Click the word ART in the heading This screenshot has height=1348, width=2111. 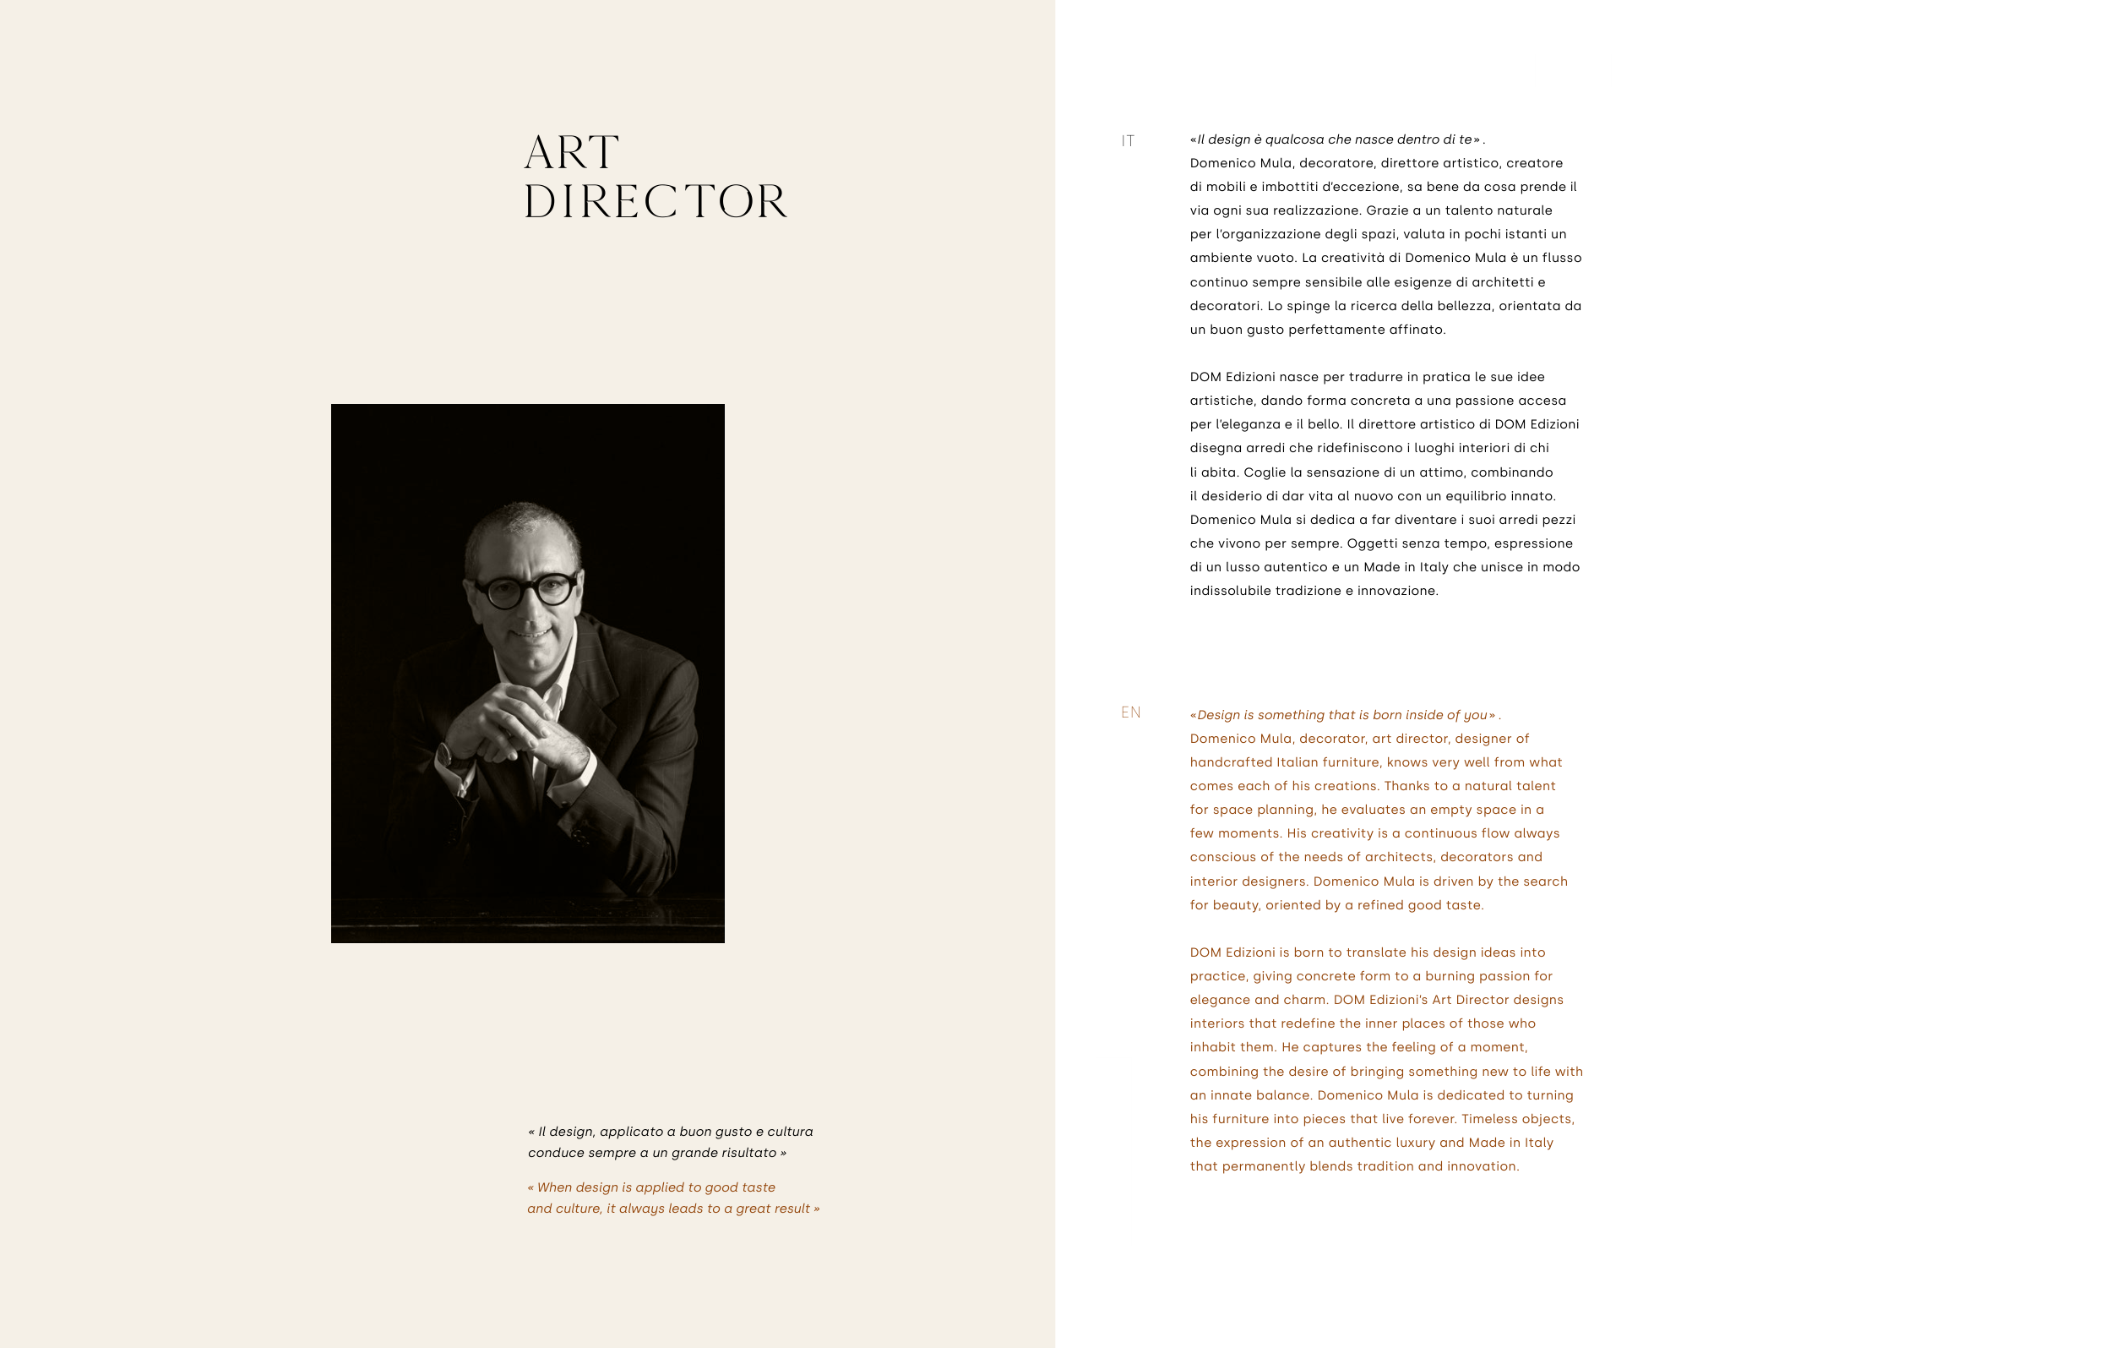(572, 154)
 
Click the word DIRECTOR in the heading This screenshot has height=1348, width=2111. (656, 202)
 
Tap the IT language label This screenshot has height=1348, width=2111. (1128, 141)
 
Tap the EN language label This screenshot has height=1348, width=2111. (1131, 712)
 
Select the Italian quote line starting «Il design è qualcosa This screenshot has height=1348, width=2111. (1336, 139)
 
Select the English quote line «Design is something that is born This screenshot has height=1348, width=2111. (1342, 715)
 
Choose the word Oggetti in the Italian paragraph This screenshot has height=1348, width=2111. (1371, 543)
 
